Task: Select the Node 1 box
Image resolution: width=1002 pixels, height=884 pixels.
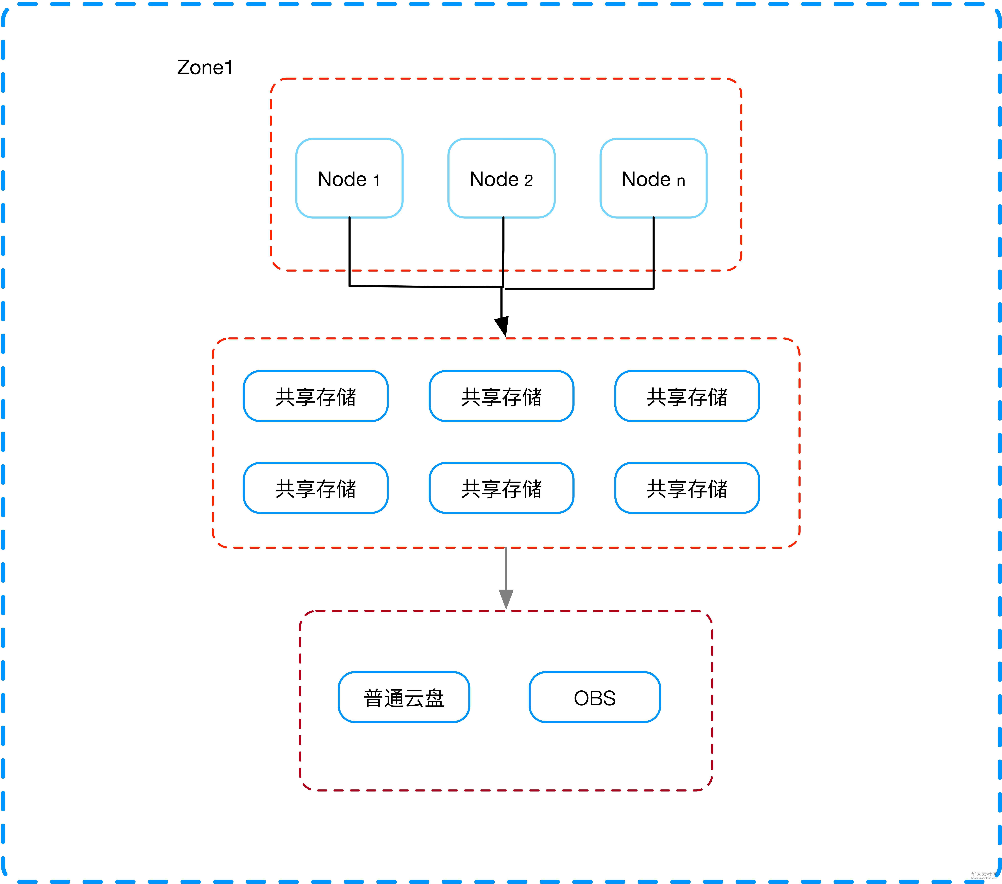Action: [x=349, y=178]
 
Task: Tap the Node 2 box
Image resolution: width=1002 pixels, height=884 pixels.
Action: [x=501, y=178]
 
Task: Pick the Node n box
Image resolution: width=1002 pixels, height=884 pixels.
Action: [x=653, y=178]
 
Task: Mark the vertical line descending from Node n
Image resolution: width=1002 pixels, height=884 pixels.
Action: [x=654, y=253]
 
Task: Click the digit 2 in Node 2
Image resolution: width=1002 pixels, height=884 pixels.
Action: [x=528, y=181]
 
